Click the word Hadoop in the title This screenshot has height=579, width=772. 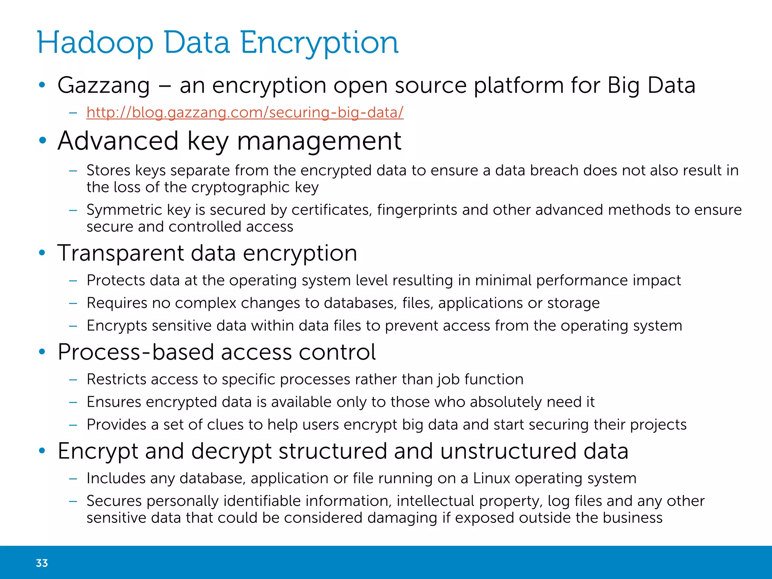[x=95, y=43]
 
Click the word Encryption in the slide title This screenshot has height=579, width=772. [x=319, y=43]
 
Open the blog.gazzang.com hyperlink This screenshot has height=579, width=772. [x=245, y=112]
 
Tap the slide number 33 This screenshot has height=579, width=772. [x=42, y=563]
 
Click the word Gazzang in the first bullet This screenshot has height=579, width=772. [x=104, y=86]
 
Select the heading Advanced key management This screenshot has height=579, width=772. [x=229, y=141]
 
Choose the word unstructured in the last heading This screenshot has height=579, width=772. [x=508, y=451]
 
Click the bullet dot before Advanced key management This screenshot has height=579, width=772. [x=42, y=141]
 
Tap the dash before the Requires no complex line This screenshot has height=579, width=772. [x=73, y=303]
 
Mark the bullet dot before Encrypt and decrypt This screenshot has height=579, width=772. [x=42, y=450]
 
